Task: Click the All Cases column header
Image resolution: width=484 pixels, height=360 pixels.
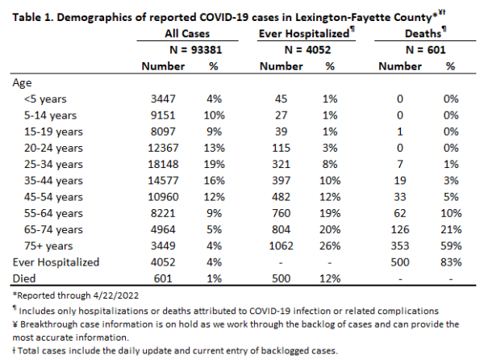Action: click(x=187, y=33)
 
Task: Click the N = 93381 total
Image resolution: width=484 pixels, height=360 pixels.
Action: click(x=196, y=50)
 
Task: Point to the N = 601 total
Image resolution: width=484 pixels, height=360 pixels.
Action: click(x=426, y=50)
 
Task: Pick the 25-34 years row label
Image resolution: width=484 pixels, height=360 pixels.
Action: click(x=53, y=164)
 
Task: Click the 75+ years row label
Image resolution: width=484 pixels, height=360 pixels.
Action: click(x=48, y=246)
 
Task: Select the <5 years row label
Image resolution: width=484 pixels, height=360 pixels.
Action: click(x=45, y=99)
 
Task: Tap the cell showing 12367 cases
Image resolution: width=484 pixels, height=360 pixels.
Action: click(x=163, y=148)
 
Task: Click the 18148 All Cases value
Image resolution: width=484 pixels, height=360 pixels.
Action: click(x=163, y=164)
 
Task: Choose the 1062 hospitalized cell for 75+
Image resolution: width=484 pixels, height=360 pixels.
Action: click(x=281, y=246)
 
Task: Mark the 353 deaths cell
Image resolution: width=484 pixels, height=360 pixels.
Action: click(x=400, y=246)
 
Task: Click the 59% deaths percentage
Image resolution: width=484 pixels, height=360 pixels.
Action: click(x=451, y=246)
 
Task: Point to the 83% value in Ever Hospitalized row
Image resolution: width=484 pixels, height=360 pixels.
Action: click(x=451, y=262)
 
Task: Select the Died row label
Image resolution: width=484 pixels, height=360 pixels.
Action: click(x=24, y=278)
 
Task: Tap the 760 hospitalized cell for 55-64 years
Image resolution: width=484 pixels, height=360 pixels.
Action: click(x=281, y=213)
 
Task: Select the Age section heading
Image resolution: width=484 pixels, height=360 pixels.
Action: click(x=22, y=83)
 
